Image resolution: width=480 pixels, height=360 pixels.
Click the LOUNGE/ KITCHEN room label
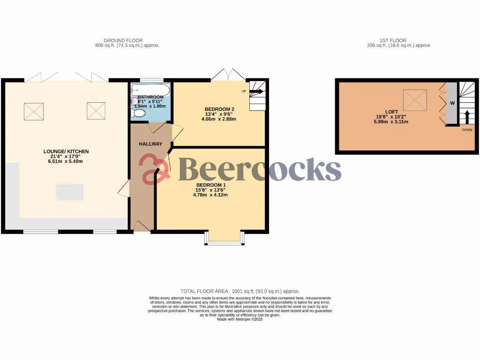pos(66,151)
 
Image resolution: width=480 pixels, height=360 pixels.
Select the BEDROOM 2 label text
pos(219,109)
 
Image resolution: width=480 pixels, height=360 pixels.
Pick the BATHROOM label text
pos(150,97)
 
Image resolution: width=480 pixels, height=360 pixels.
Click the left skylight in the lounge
pos(33,111)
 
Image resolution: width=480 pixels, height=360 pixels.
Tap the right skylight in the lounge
pos(96,111)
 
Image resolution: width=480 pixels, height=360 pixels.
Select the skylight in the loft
pos(415,99)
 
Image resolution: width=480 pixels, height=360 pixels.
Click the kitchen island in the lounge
pos(70,192)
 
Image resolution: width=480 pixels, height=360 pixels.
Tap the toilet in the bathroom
pos(139,113)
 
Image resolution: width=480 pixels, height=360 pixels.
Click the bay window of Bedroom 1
pos(224,239)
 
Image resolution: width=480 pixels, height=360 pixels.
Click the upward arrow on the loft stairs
pos(466,117)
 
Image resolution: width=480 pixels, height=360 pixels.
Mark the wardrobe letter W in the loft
pos(452,103)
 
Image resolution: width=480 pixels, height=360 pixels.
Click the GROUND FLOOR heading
pos(123,41)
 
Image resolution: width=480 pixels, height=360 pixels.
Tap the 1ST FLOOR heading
pos(393,41)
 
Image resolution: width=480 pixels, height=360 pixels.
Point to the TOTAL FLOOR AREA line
pos(240,291)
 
